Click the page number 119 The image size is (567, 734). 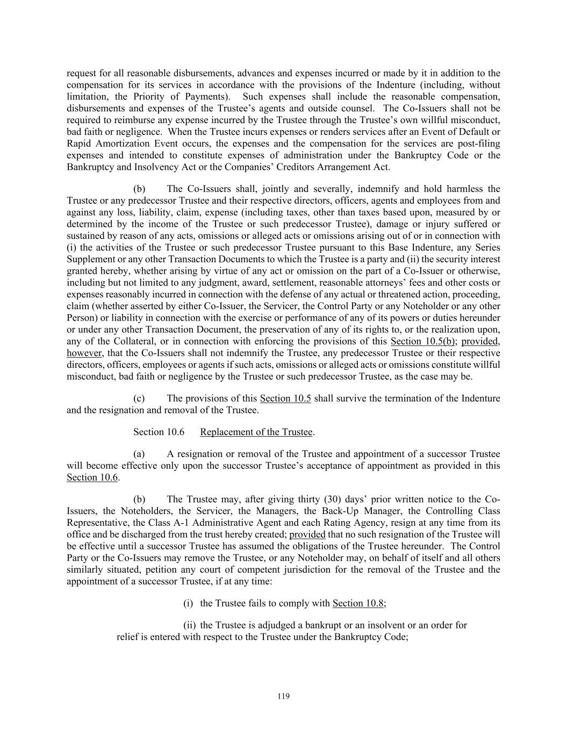283,696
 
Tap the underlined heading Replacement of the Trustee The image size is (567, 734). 256,432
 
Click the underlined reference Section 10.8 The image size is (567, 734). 358,603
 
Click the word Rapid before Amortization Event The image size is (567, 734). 80,144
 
